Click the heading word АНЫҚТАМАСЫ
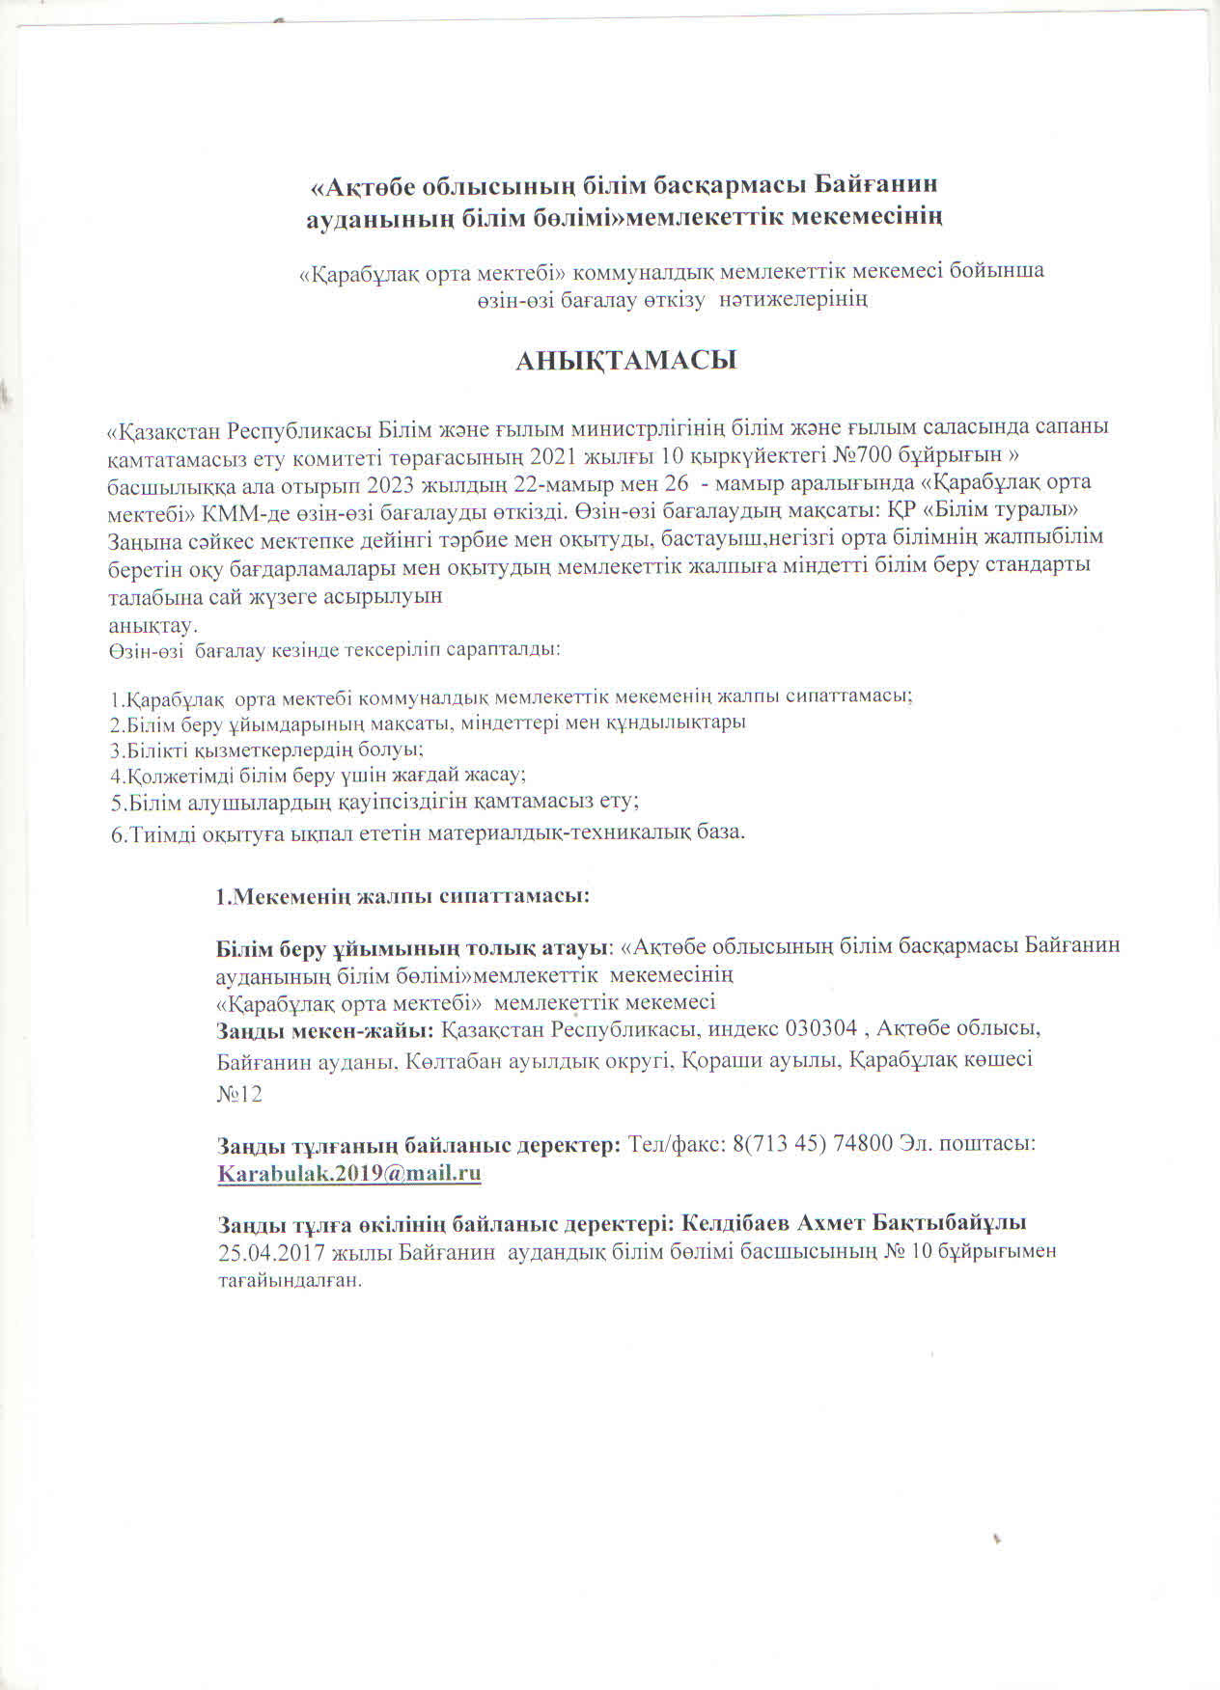coord(625,361)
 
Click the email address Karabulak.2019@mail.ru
coord(349,1173)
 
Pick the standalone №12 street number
coord(238,1094)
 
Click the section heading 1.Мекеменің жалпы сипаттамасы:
coord(402,895)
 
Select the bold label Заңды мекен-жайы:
coord(325,1029)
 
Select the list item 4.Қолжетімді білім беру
coord(318,775)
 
